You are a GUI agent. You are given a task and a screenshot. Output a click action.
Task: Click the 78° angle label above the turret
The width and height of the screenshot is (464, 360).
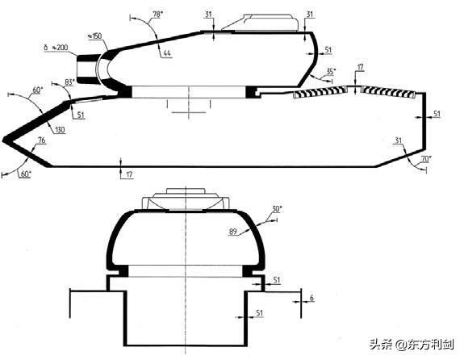[x=157, y=15]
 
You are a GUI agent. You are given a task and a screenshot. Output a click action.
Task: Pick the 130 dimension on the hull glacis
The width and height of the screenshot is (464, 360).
[x=60, y=129]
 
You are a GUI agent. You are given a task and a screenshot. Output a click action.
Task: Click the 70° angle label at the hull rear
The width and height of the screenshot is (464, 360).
[x=425, y=159]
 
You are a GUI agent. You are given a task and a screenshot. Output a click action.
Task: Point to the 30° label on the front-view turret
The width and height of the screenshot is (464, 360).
[x=277, y=209]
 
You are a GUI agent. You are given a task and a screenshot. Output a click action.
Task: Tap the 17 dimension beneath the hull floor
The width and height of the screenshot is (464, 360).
[x=130, y=174]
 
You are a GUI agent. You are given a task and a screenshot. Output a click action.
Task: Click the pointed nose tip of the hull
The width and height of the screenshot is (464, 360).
[x=6, y=141]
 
